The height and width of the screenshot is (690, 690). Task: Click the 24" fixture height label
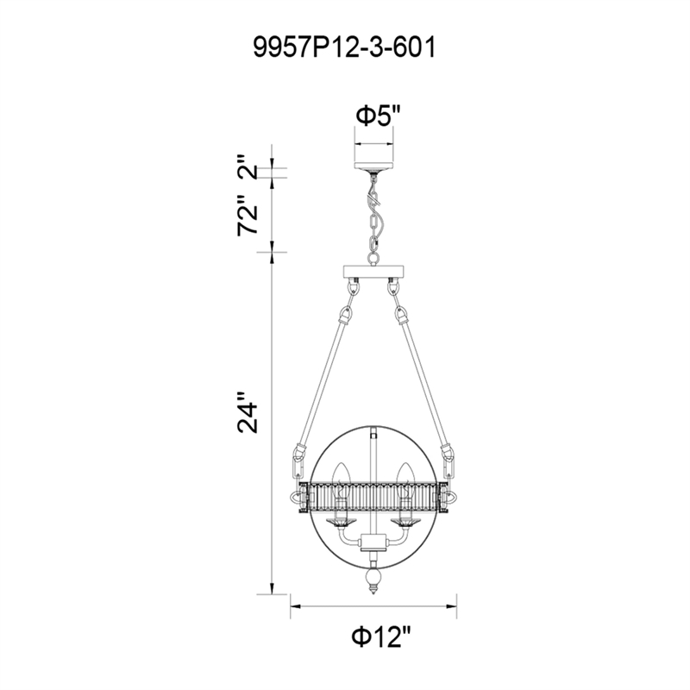(250, 414)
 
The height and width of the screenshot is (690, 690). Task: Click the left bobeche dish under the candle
(339, 523)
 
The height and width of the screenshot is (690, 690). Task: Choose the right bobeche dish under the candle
(404, 523)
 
